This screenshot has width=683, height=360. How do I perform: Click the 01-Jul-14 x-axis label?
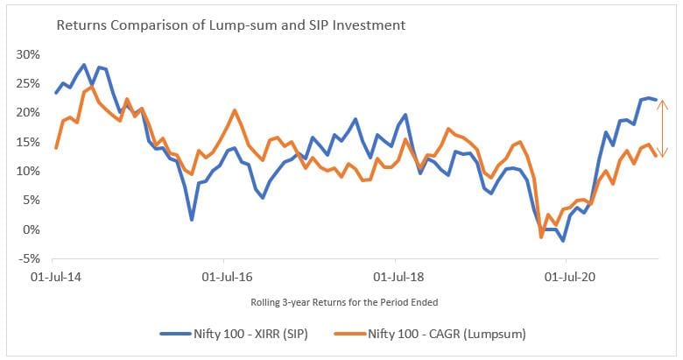tap(53, 276)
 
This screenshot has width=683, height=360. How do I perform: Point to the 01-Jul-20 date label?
tap(567, 276)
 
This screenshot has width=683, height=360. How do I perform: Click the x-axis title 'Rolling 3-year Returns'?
tap(341, 302)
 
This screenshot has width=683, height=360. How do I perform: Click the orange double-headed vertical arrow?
tap(664, 129)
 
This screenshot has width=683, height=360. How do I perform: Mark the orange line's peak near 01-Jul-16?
tap(235, 110)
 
